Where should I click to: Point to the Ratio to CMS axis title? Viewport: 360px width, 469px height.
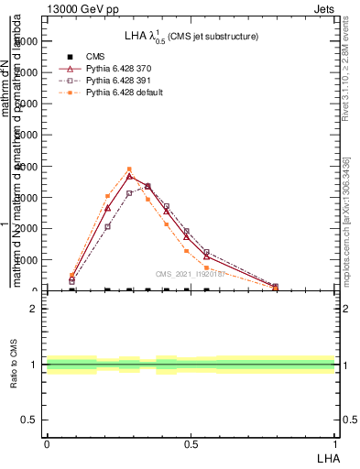tap(16, 365)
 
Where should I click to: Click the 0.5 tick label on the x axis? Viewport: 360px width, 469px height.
tap(191, 444)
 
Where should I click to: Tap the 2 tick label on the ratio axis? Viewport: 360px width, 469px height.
tap(33, 309)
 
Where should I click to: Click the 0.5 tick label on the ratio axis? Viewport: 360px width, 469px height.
tap(29, 420)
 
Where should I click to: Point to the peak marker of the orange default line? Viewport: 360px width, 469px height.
tap(129, 169)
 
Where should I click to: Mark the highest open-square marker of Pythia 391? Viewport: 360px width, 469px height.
tap(148, 186)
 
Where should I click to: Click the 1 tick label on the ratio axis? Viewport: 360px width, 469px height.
tap(33, 365)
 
